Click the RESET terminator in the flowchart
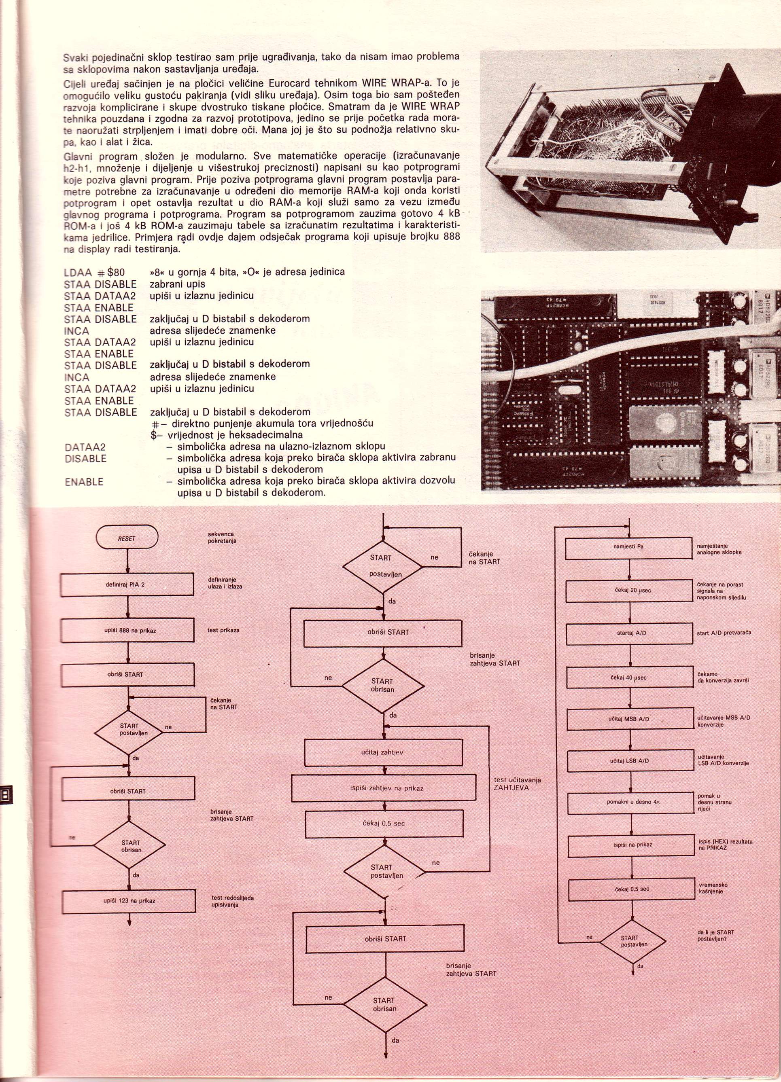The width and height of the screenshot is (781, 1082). pyautogui.click(x=127, y=538)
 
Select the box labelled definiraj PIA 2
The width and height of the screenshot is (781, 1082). pyautogui.click(x=128, y=584)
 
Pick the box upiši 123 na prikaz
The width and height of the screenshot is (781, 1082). pyautogui.click(x=129, y=901)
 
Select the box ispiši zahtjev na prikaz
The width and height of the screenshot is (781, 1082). pyautogui.click(x=383, y=788)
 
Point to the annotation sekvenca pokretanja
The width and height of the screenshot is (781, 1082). pyautogui.click(x=221, y=538)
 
